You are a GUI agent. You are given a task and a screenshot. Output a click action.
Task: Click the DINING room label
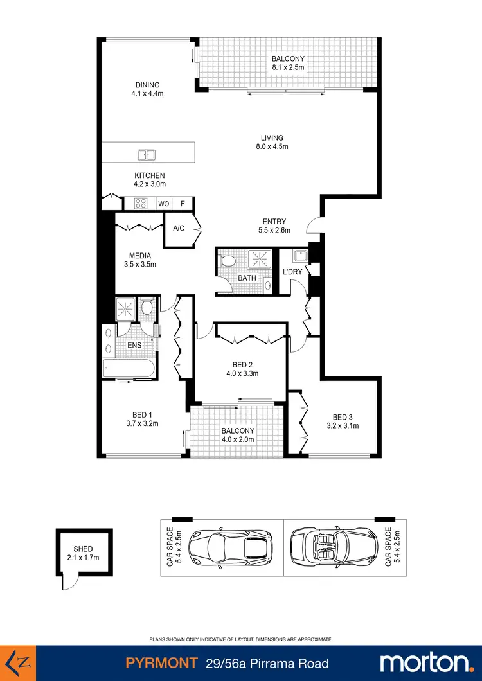[147, 85]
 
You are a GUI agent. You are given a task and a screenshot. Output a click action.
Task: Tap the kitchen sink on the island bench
[147, 154]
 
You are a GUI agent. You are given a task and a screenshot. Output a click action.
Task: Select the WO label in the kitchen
[163, 204]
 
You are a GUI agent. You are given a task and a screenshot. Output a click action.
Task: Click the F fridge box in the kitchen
[183, 204]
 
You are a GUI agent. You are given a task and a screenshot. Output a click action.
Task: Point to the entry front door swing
[314, 224]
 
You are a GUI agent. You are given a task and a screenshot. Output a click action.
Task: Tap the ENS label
[134, 345]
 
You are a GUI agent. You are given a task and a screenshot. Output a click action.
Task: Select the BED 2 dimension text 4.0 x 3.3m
[240, 373]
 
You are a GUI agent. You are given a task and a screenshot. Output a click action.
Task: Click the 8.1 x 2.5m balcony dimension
[287, 67]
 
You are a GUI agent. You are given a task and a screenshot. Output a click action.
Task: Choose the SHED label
[84, 549]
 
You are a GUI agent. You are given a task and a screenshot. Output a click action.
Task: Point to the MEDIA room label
[139, 256]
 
